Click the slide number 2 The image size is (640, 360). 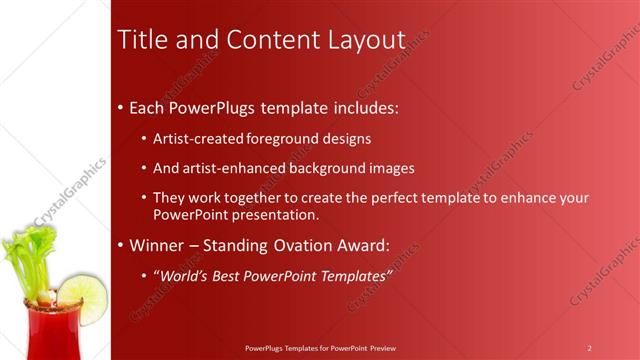click(x=589, y=348)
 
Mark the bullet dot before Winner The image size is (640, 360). click(x=121, y=245)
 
